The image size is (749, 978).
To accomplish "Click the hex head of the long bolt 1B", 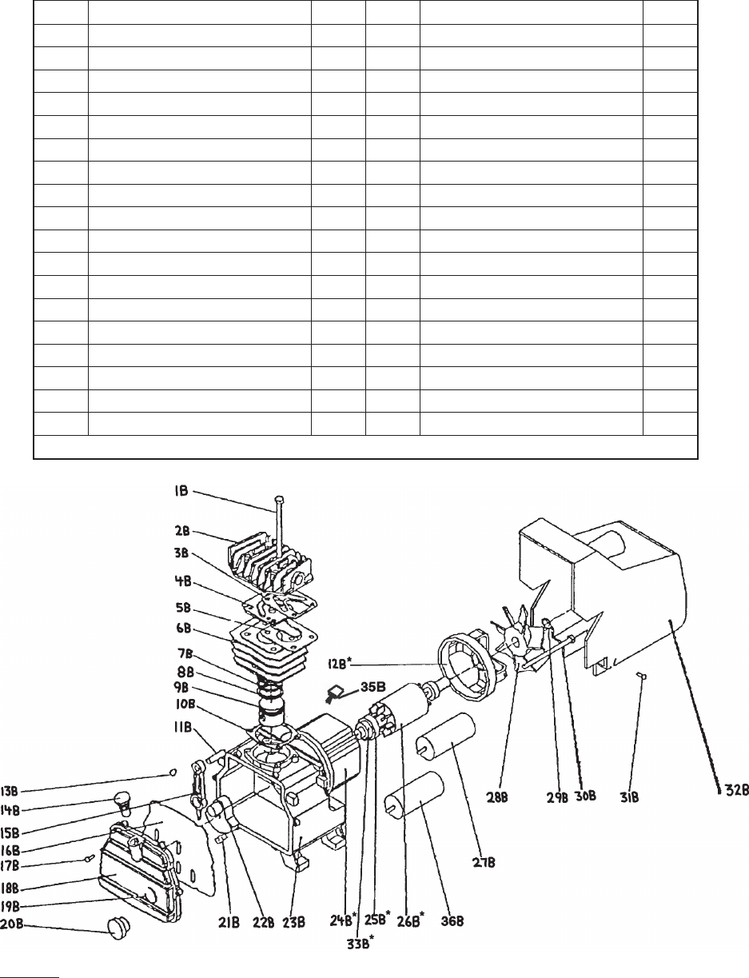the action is [279, 500].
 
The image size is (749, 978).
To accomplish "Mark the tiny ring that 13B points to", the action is [173, 772].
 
